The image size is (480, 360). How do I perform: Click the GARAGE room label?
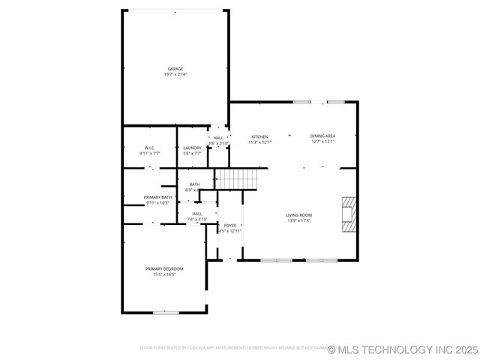point(175,69)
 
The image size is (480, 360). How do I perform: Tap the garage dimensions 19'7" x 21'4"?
point(175,74)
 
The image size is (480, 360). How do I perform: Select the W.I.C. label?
point(149,148)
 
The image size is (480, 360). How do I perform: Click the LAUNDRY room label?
point(193,148)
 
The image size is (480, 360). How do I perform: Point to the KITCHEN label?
point(259,136)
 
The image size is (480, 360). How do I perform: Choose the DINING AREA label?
point(322,136)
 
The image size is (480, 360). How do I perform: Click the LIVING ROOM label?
point(298,215)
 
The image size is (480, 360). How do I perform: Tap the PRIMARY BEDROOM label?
point(164,268)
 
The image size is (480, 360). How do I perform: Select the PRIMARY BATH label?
point(158,197)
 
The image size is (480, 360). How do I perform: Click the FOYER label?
point(230,226)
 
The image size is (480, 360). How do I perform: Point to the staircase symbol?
point(236,179)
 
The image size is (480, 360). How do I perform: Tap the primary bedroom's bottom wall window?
point(166,312)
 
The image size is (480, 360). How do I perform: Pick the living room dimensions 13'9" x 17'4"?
point(298,220)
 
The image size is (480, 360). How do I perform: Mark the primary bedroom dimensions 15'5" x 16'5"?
point(164,274)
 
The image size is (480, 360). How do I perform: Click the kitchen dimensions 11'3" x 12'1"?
point(259,142)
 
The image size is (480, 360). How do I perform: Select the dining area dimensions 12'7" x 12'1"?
point(322,142)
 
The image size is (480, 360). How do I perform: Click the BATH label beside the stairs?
point(194,184)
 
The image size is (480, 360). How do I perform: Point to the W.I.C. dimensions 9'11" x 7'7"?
point(149,153)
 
